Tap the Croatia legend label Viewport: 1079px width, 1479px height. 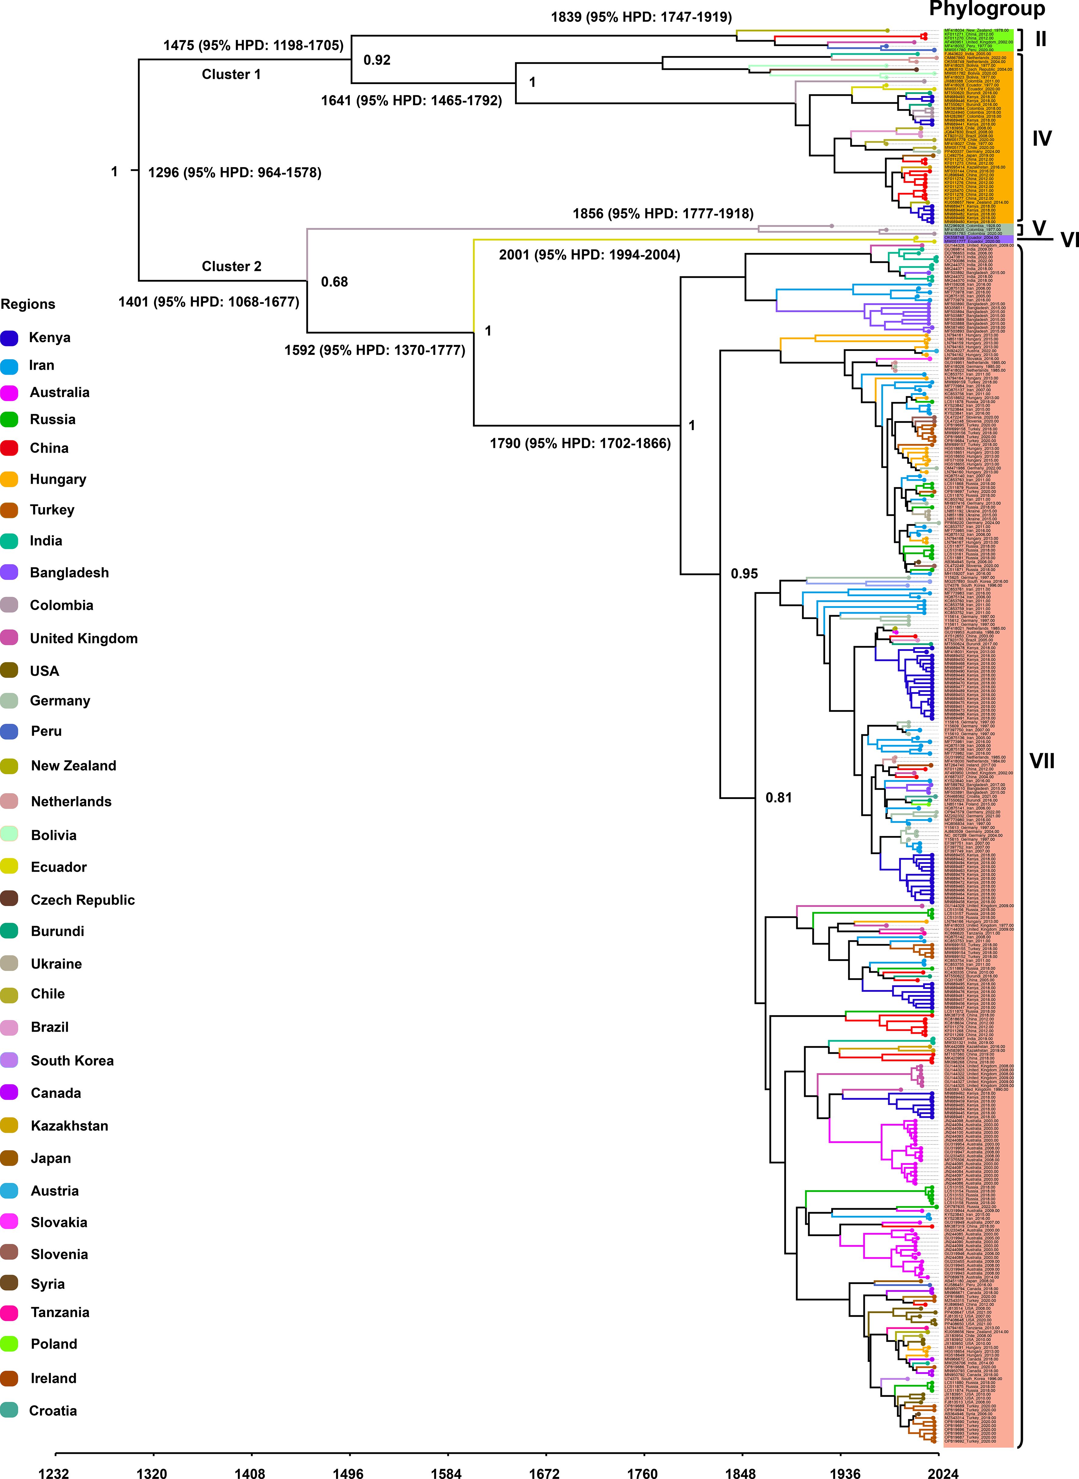pyautogui.click(x=53, y=1410)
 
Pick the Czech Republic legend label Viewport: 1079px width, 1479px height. pyautogui.click(x=82, y=900)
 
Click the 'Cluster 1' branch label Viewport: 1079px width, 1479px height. pyautogui.click(x=231, y=74)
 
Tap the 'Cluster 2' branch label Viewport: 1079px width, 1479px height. pyautogui.click(x=231, y=266)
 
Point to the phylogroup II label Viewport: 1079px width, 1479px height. pyautogui.click(x=1040, y=39)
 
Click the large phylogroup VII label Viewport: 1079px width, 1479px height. pyautogui.click(x=1042, y=761)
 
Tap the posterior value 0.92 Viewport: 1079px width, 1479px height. pyautogui.click(x=377, y=60)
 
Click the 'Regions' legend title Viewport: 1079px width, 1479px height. pyautogui.click(x=28, y=304)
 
